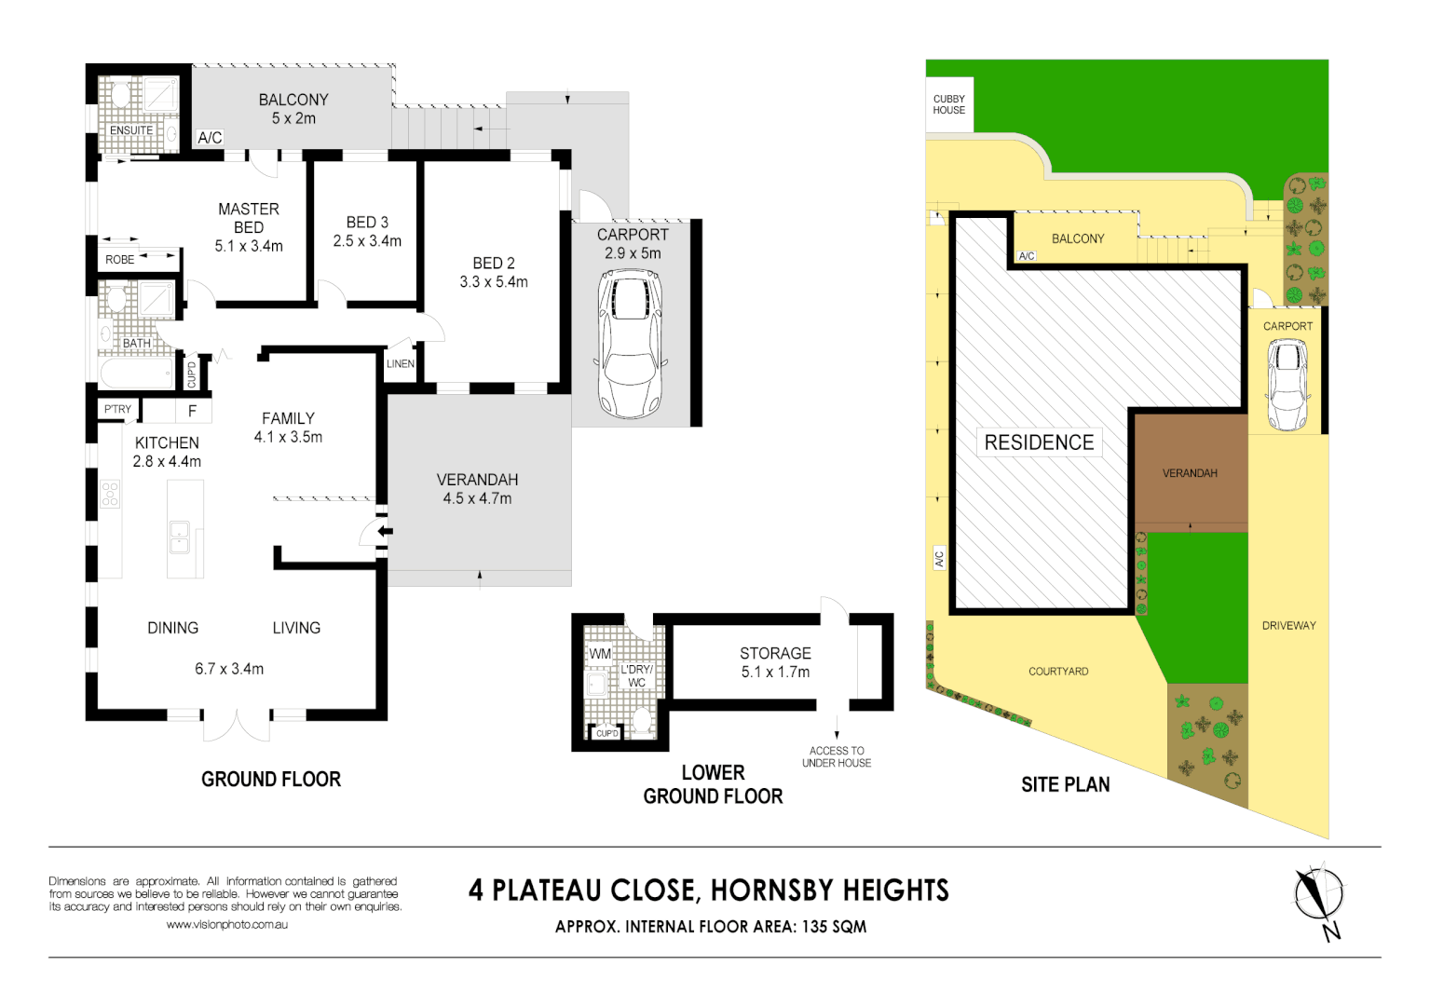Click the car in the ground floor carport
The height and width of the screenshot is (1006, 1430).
[632, 345]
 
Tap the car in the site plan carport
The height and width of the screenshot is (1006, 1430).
[1287, 385]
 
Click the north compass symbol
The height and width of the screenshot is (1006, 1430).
[1319, 897]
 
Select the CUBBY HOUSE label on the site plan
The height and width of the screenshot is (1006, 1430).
[948, 104]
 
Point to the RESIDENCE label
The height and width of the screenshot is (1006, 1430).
[1039, 442]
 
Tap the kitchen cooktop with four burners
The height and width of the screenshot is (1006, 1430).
[110, 494]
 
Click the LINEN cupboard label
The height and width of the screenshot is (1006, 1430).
[401, 364]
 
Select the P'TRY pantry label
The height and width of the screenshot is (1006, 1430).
[117, 409]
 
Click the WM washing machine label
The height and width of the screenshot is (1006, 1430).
[600, 654]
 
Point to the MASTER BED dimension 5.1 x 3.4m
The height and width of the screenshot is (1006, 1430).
[249, 247]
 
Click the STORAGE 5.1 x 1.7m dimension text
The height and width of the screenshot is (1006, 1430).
[775, 672]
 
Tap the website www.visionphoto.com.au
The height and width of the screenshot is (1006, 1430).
[226, 925]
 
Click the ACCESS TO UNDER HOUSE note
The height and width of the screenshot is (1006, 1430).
[837, 756]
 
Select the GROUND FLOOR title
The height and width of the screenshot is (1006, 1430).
[271, 780]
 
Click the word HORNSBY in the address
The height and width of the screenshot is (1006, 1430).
[763, 890]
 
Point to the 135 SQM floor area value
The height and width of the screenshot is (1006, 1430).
[834, 927]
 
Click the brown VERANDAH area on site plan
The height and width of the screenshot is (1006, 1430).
[1191, 472]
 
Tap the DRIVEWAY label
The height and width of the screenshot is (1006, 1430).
[1288, 626]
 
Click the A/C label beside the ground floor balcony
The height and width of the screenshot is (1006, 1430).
[210, 138]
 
